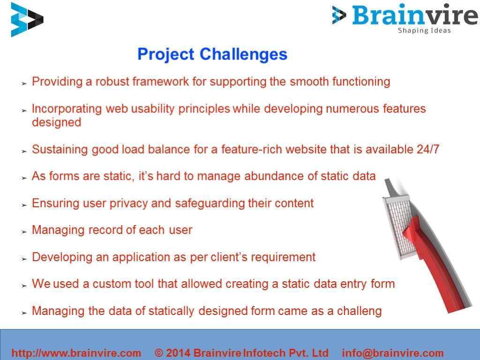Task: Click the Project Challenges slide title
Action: [x=212, y=54]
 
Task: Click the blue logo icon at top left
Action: [x=27, y=20]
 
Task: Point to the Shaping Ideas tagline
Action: [x=424, y=31]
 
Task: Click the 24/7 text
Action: [x=427, y=150]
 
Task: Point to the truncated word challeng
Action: [x=359, y=311]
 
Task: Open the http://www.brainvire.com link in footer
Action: [x=76, y=353]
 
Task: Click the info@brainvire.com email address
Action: [x=392, y=353]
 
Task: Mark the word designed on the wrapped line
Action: [x=56, y=122]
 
